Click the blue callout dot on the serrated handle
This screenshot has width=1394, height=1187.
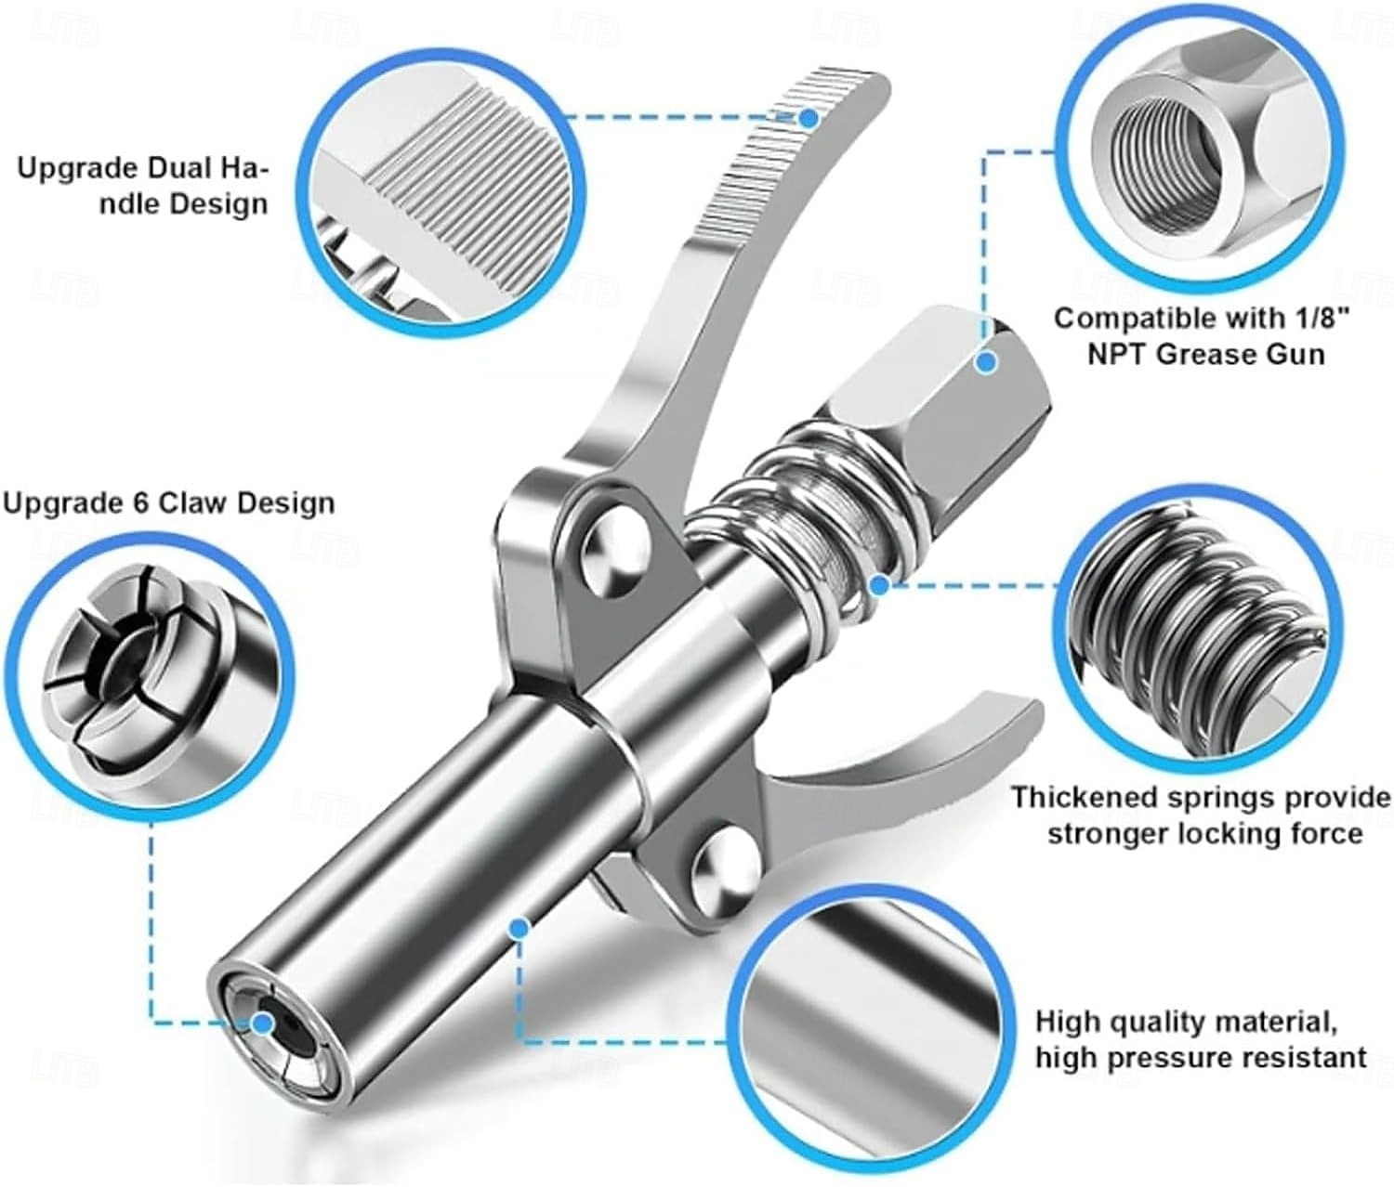[809, 119]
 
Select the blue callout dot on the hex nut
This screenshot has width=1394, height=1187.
[987, 362]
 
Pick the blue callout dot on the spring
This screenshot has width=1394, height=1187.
[879, 586]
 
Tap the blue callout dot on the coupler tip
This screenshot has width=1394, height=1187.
[263, 1043]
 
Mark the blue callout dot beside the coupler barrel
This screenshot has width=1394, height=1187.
[518, 929]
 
